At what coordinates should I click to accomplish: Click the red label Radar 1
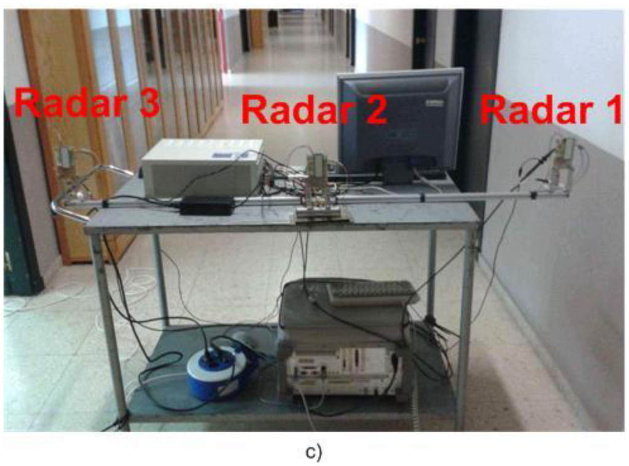(551, 112)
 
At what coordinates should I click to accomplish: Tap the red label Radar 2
(314, 109)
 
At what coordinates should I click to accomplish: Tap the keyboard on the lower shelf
(371, 293)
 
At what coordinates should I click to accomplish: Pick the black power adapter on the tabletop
(207, 205)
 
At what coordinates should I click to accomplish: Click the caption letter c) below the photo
(313, 452)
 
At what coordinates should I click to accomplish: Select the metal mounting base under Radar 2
(320, 212)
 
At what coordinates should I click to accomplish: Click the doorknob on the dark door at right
(420, 41)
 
